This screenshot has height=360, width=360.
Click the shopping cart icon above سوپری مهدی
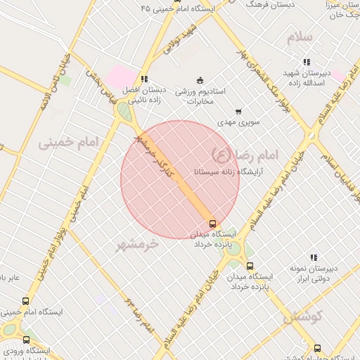[238, 111]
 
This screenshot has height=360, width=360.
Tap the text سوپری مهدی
[238, 122]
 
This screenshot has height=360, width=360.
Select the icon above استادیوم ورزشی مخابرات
[200, 79]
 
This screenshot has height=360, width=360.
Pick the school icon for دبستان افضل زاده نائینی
[143, 79]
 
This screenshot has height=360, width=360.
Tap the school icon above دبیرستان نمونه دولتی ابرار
[314, 257]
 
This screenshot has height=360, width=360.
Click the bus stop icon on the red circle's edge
[213, 224]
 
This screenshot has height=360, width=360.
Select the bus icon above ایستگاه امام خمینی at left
[26, 301]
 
